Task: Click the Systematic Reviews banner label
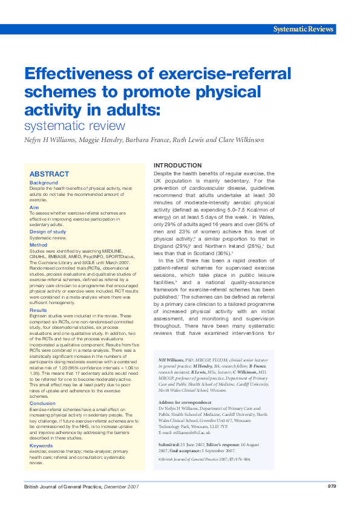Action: click(x=304, y=29)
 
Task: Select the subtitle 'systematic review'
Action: click(x=74, y=126)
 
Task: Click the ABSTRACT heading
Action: click(x=50, y=174)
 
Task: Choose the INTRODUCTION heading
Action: click(x=178, y=165)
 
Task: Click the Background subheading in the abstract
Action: click(x=44, y=183)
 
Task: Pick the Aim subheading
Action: click(x=34, y=207)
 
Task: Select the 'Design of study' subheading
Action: click(x=48, y=232)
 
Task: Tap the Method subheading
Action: click(x=38, y=245)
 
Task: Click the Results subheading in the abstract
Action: click(x=39, y=310)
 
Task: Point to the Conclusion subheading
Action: click(x=42, y=403)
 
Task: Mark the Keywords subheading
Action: click(x=41, y=446)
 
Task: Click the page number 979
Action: click(x=332, y=487)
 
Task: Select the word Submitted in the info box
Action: click(x=169, y=444)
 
